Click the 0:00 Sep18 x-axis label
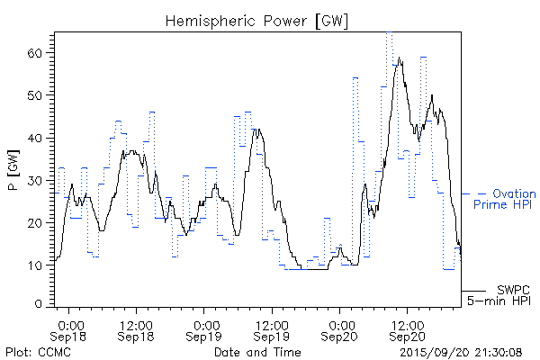tap(71, 329)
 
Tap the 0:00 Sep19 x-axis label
tap(205, 329)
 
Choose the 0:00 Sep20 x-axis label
tap(340, 329)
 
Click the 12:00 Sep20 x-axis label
tap(407, 329)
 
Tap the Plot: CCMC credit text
tap(38, 352)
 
